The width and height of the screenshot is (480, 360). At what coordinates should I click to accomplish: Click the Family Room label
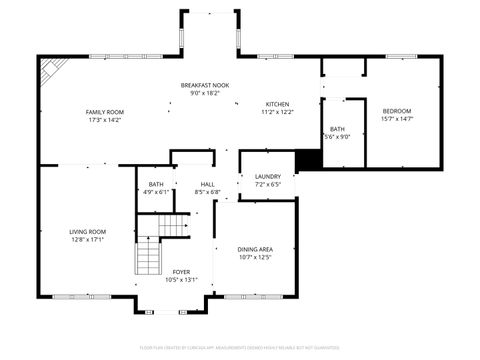coord(104,111)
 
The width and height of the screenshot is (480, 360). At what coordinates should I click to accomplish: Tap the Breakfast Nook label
coord(205,85)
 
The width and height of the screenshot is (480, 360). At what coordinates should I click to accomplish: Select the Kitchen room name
coord(279,104)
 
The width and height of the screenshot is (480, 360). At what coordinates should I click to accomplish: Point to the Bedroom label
coord(397,110)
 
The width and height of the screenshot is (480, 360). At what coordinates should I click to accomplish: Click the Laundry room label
coord(267,176)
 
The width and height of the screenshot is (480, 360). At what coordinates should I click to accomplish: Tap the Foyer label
coord(181,271)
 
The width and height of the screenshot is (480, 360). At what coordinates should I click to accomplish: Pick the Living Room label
coord(88,231)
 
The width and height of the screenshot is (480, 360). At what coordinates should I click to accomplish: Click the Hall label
coord(208,184)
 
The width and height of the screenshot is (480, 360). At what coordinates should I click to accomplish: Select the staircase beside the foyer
coord(148,256)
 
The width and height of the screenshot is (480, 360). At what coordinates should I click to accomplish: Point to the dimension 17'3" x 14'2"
coord(104,120)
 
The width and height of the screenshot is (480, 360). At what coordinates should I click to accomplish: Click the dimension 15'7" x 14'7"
coord(397,119)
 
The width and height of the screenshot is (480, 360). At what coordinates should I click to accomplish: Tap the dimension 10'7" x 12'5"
coord(255,258)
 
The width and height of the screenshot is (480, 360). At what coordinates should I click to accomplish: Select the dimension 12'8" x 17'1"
coord(88,240)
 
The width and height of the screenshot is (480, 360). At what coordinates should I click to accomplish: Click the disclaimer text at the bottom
coord(240,348)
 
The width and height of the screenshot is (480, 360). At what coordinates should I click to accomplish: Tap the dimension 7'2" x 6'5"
coord(267,185)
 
